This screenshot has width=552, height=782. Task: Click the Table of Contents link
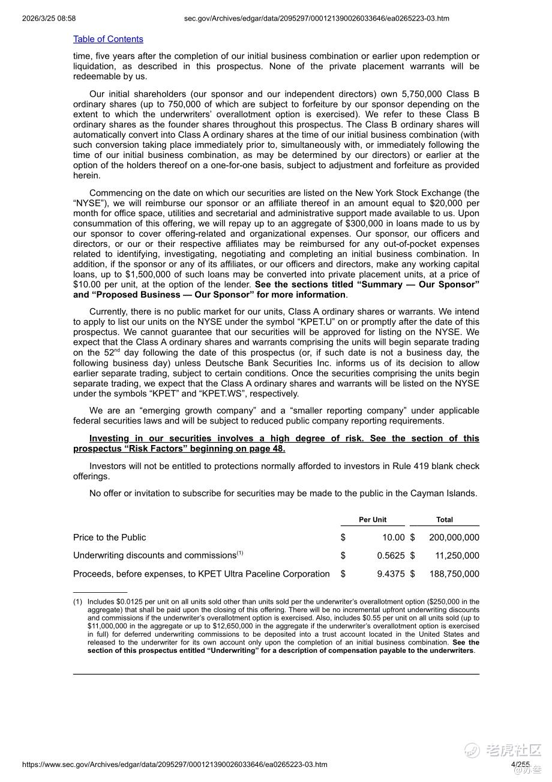pos(108,39)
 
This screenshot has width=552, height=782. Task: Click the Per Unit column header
pos(373,520)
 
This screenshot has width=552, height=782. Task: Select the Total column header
pos(445,520)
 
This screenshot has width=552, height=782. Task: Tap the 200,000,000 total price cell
pos(454,538)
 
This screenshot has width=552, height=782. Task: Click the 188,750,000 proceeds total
pos(454,574)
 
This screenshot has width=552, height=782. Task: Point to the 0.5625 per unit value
pos(391,556)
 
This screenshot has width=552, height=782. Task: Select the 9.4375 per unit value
pos(391,574)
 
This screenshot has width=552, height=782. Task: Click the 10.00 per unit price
pos(394,538)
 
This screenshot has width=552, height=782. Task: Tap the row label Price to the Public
pos(109,538)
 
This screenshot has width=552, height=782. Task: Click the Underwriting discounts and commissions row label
pos(155,556)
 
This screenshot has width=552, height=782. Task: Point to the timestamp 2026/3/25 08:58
pos(49,19)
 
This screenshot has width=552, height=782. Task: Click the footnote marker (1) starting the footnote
pos(77,601)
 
